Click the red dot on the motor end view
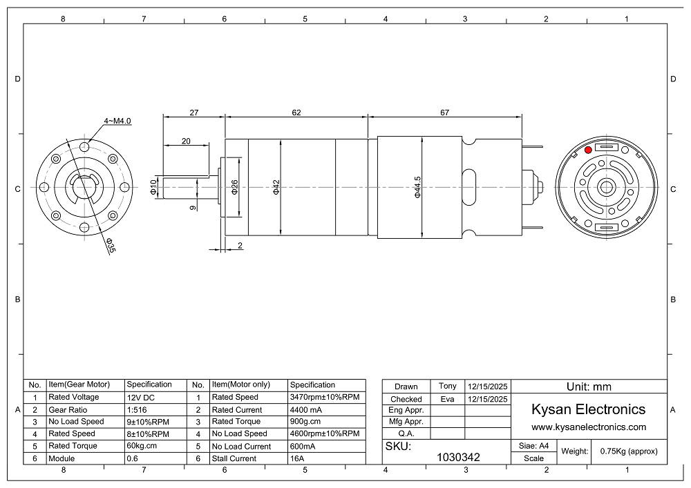(x=588, y=150)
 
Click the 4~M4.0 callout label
(x=117, y=121)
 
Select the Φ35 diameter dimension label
(x=110, y=246)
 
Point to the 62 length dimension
(x=296, y=113)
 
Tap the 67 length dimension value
(x=444, y=113)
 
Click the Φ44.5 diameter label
(x=417, y=188)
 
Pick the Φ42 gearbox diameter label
(x=276, y=188)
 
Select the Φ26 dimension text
(x=234, y=188)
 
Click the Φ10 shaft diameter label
(x=153, y=188)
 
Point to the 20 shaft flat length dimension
(x=186, y=141)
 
